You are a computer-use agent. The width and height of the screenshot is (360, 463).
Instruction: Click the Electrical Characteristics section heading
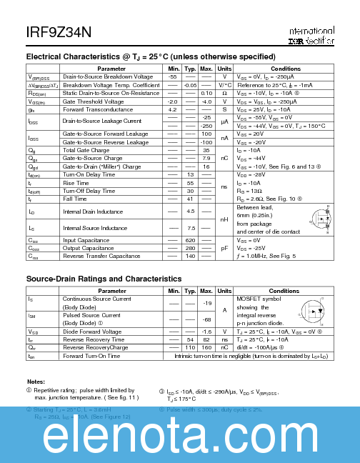[150, 56]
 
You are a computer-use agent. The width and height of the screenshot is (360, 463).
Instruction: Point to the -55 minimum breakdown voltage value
[172, 76]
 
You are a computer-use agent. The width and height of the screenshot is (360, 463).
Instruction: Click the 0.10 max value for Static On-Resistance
[207, 93]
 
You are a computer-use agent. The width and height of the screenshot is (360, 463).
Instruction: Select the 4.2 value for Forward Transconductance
[172, 109]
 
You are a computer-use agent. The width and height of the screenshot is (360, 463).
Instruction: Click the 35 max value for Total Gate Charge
[207, 150]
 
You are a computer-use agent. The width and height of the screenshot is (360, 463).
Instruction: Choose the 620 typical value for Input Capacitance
[190, 239]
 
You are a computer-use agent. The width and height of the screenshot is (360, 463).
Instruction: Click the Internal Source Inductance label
[94, 228]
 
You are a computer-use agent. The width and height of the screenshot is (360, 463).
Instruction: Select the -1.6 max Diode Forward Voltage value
[207, 332]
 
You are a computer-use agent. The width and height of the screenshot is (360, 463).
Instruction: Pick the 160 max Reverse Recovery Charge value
[207, 347]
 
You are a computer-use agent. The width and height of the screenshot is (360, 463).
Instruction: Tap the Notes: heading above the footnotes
[36, 382]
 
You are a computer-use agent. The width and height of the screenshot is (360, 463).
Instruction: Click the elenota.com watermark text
[180, 434]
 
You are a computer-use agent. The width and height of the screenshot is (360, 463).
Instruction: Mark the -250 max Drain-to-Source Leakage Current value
[207, 126]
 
